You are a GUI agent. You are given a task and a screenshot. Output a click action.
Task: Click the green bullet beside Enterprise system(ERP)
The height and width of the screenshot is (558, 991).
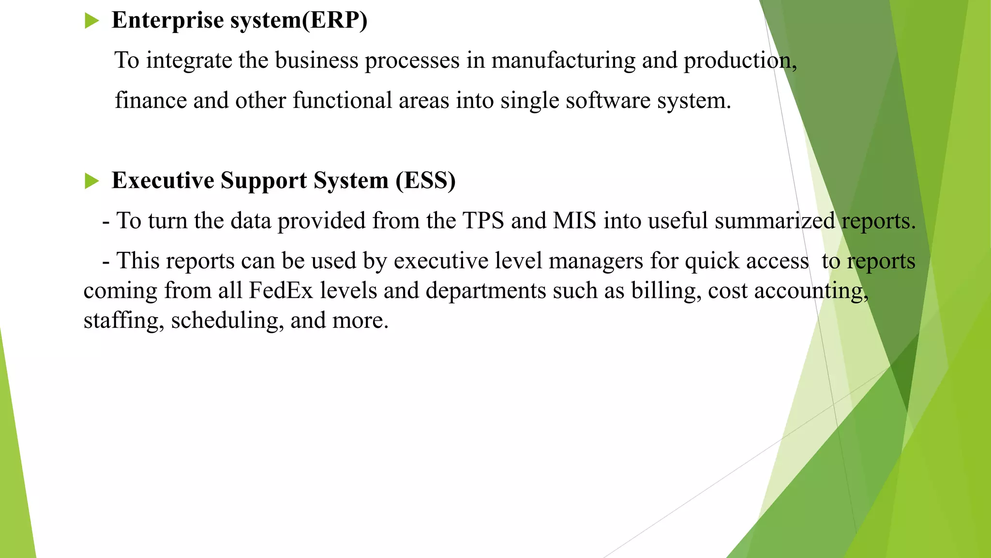point(91,21)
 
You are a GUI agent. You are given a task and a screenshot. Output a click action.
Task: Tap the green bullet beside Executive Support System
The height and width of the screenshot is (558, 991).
point(91,181)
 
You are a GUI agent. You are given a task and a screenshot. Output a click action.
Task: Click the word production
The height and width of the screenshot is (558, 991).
point(739,61)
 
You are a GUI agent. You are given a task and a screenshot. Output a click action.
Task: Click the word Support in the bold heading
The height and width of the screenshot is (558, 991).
point(264,181)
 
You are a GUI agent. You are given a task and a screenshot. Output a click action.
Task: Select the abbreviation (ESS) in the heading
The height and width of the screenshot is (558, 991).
point(425,181)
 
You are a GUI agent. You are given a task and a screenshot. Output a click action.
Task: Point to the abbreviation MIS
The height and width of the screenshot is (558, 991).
point(574,221)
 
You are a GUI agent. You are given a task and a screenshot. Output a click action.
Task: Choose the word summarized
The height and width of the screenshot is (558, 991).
point(775,221)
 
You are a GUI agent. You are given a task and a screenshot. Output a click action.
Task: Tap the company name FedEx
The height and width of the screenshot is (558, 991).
point(281,291)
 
